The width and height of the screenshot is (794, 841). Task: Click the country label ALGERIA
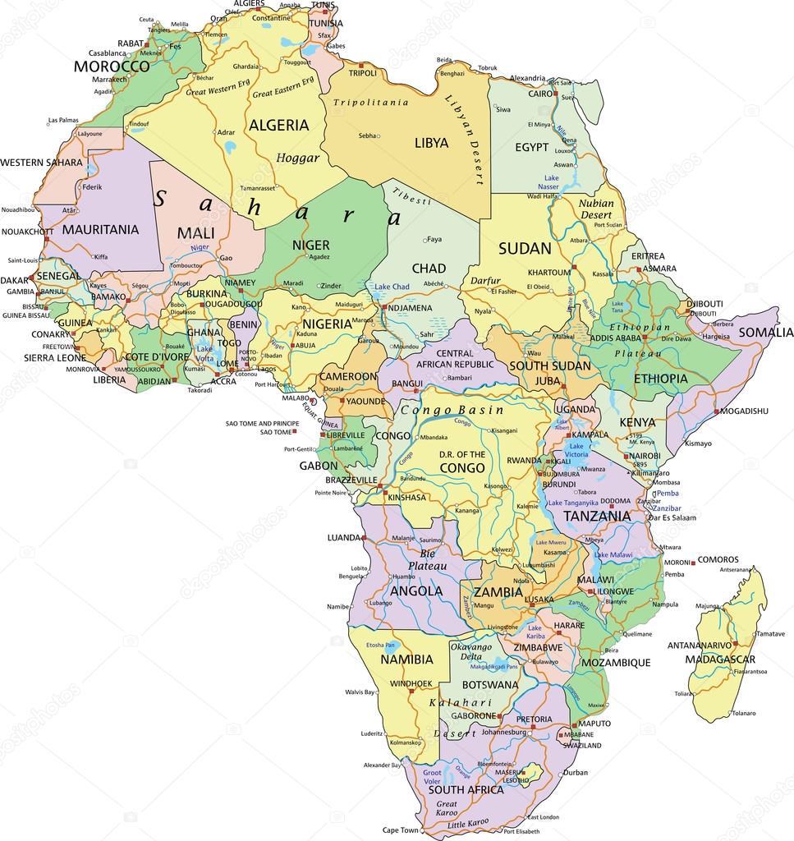tap(278, 126)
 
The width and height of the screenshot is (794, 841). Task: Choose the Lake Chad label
tap(392, 287)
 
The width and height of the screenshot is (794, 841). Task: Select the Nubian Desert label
tap(595, 209)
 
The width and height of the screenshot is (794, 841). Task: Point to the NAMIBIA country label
tap(406, 659)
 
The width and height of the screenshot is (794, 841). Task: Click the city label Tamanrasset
tap(250, 188)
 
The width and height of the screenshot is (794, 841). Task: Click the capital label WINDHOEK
tap(410, 683)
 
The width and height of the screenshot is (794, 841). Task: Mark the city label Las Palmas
tap(63, 120)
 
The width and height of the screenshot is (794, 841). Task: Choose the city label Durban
tap(576, 772)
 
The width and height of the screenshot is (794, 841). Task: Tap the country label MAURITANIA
tap(100, 229)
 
